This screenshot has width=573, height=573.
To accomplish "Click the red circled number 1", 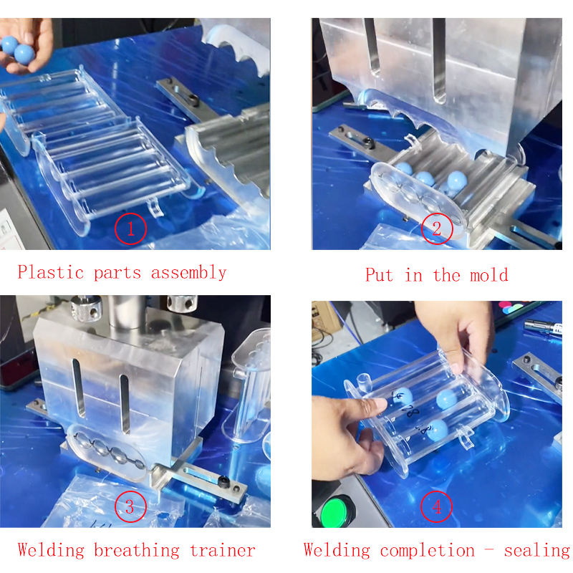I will click(131, 229).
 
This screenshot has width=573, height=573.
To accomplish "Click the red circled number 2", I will click(437, 229).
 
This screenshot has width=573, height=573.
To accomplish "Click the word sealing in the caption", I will click(536, 550).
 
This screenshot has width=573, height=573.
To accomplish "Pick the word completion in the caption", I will click(427, 550).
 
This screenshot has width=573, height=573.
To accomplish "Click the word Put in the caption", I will click(379, 274).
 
